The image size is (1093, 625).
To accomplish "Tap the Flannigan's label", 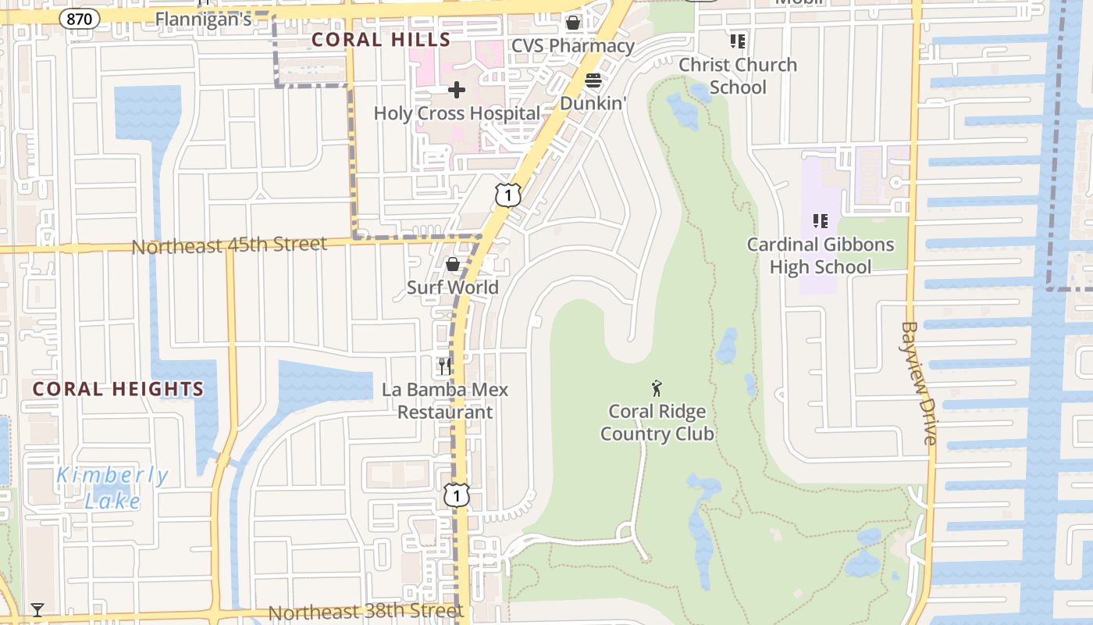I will tap(203, 19).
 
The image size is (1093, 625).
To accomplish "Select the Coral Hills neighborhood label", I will tap(381, 40).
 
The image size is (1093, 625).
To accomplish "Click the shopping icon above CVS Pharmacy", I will tap(573, 23).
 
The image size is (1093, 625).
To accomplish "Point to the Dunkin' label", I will tap(593, 102).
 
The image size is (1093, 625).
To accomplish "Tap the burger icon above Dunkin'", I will tap(593, 80).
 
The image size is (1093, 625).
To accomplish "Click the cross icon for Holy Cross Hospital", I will tap(457, 91).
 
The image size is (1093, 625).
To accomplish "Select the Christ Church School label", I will tap(738, 76).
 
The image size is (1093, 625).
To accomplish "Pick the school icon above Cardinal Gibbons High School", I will tap(820, 221).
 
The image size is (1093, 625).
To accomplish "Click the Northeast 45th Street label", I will tap(229, 245).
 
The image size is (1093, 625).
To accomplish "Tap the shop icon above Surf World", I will tap(452, 265).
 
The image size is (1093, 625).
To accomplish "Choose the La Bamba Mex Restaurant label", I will tap(445, 401).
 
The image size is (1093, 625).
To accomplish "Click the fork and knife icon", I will tap(445, 366).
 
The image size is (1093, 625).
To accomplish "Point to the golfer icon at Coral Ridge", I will tap(657, 387).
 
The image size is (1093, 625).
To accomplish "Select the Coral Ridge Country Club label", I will tap(657, 423).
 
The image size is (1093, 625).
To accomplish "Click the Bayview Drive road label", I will tap(919, 383).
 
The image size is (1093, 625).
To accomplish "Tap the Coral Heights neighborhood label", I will tap(118, 389).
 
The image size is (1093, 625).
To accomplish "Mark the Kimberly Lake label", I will tap(112, 487).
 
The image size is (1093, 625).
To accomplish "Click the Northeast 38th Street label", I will tap(366, 612).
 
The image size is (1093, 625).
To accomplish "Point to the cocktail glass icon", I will tap(37, 609).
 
